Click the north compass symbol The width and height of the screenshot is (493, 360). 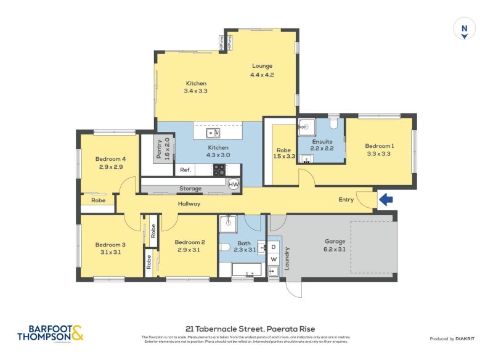(x=464, y=29)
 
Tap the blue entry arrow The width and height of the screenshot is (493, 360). (x=386, y=199)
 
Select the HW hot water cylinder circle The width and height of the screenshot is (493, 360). (x=234, y=184)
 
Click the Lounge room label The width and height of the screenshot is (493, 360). (x=261, y=70)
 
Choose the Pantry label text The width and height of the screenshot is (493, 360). (x=163, y=149)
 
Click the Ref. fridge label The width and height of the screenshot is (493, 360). (x=184, y=170)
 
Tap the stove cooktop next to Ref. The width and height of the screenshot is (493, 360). (x=219, y=170)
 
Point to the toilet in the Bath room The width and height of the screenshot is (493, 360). (x=225, y=248)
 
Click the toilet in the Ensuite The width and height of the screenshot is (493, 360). (x=333, y=124)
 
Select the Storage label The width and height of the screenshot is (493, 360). (x=190, y=189)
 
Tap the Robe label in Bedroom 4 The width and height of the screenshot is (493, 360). (x=98, y=200)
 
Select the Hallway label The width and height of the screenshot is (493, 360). (x=189, y=203)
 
